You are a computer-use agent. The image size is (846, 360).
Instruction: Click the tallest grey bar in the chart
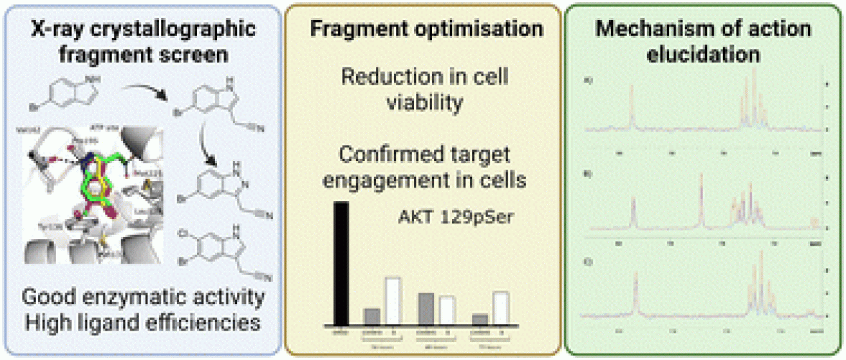[x=426, y=308]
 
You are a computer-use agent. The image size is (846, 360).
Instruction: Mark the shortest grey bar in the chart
[x=480, y=319]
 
